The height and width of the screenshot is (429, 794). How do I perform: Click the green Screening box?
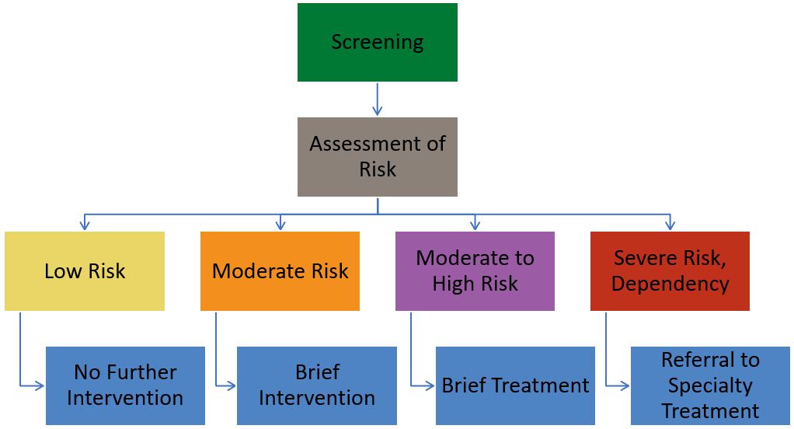click(x=377, y=42)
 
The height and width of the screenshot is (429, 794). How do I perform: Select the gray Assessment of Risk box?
click(x=377, y=156)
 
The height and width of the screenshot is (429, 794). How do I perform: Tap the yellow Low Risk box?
click(x=84, y=270)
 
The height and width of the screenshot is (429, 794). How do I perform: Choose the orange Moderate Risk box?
click(x=280, y=270)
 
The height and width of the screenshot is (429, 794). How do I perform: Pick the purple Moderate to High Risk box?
click(x=475, y=270)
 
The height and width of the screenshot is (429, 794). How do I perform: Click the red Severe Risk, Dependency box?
click(x=670, y=270)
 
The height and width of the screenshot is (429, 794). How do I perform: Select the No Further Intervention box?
click(x=125, y=385)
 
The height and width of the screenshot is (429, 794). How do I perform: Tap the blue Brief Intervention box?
click(x=316, y=385)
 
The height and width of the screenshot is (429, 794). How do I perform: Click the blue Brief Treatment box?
click(x=515, y=385)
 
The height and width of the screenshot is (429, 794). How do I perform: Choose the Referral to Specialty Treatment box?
click(x=710, y=385)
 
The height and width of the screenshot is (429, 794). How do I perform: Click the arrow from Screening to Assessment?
click(x=378, y=99)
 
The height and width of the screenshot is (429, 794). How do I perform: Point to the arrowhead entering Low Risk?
click(x=85, y=225)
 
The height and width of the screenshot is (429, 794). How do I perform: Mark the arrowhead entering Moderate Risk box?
click(x=280, y=225)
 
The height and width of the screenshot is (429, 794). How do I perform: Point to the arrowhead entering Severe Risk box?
click(x=670, y=225)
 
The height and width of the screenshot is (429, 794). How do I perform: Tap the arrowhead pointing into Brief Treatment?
click(x=430, y=385)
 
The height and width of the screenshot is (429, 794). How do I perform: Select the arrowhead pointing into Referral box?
click(x=625, y=385)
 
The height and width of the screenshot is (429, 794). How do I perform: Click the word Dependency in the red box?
click(x=670, y=284)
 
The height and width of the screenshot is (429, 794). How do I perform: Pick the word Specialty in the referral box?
click(x=710, y=385)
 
